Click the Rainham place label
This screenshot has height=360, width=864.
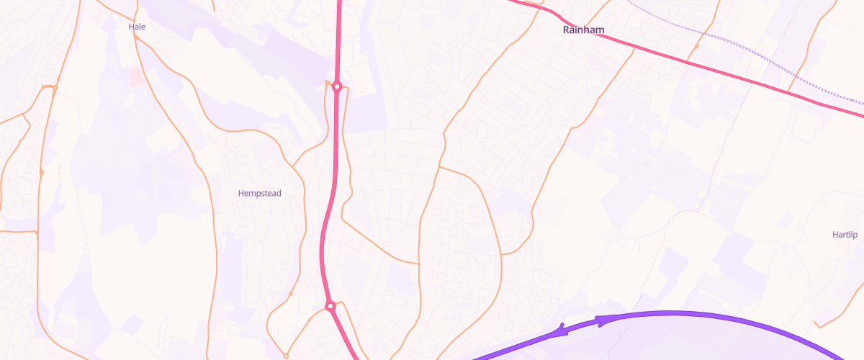click(582, 30)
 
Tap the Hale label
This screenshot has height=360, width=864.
click(137, 27)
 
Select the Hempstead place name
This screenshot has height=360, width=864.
click(259, 193)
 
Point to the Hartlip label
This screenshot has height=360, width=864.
click(845, 235)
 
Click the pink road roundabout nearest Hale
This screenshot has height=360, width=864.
click(336, 86)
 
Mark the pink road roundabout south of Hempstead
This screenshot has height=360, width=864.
click(330, 306)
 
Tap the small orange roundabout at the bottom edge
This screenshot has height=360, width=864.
click(286, 356)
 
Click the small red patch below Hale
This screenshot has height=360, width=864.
click(135, 76)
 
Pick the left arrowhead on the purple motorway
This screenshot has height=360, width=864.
click(559, 330)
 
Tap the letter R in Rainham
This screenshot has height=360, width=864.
click(566, 30)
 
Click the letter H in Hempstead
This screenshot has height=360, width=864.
click(241, 193)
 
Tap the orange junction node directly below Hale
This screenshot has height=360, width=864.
click(136, 40)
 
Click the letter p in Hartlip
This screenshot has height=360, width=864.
click(858, 236)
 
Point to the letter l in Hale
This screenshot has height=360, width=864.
click(140, 27)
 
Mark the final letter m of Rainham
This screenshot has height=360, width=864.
click(599, 30)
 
